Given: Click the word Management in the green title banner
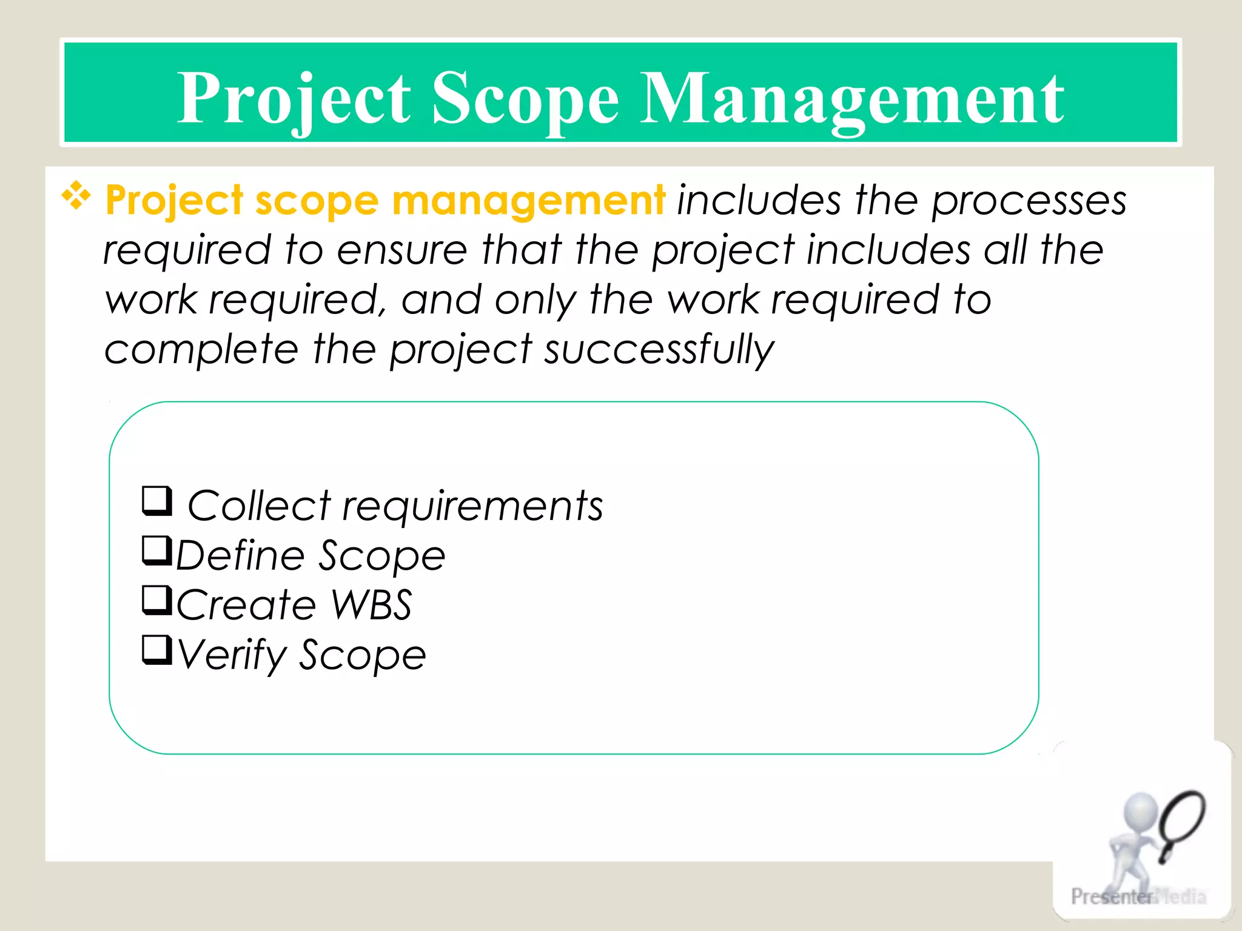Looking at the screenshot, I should point(851,100).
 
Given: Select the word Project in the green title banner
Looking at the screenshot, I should point(294,100).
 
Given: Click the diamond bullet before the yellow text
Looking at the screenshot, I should point(76,196).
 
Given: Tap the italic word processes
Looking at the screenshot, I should point(1029,201).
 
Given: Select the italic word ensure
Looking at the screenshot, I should point(402,250).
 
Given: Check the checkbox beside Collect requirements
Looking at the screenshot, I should point(157,501).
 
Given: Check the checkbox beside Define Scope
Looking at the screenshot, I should point(157,550).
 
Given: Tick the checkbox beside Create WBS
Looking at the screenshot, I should point(157,600).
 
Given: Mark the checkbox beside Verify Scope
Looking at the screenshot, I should point(157,650).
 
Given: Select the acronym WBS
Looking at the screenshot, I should point(372,605).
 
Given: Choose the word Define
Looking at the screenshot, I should point(240,555).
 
